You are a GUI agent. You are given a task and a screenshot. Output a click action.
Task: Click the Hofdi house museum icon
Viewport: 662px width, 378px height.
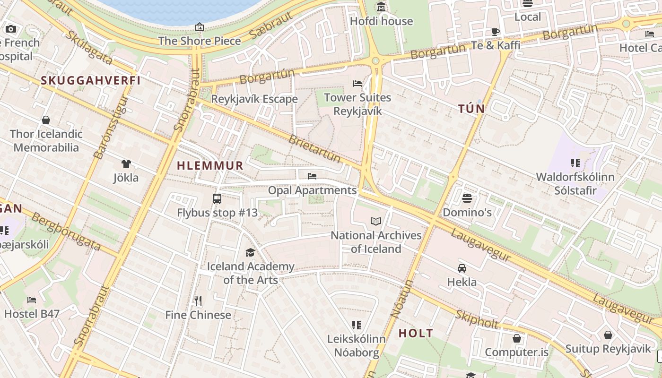381,7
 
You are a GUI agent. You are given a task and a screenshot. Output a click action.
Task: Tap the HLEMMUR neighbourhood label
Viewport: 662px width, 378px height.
210,166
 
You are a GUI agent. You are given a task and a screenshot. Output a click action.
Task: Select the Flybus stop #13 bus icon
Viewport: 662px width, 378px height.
217,199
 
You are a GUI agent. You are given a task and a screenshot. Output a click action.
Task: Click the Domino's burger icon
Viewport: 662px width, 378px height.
467,198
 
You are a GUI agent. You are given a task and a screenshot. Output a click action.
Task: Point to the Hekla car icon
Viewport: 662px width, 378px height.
462,268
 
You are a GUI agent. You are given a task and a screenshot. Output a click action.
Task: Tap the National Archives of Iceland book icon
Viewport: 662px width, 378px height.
376,222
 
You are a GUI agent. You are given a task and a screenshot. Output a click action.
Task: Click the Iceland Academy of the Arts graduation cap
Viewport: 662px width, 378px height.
250,253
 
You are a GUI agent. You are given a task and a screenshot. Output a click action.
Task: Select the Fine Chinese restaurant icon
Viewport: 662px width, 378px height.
198,301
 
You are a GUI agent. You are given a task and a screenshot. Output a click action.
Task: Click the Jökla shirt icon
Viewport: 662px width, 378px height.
126,164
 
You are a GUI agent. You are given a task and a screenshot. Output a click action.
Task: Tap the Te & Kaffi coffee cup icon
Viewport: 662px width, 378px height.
495,32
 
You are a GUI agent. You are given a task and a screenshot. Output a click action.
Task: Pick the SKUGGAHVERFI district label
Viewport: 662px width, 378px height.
91,80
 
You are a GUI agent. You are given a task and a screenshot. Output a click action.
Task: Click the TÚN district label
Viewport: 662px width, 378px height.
471,109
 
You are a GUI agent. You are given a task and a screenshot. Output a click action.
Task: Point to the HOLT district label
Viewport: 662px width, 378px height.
416,333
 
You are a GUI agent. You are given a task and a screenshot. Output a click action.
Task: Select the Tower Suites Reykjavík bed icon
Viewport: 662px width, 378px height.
357,84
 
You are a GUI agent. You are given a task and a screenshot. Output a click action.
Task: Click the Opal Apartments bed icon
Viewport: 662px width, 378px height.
312,176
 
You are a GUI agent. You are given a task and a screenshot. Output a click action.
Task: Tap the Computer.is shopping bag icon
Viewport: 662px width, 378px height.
517,338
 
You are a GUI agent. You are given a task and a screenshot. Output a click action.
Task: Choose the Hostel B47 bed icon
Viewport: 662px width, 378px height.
32,300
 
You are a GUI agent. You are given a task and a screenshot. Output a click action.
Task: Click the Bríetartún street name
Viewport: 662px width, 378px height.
314,148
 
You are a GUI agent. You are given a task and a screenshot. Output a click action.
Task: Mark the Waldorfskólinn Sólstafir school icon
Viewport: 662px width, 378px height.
575,163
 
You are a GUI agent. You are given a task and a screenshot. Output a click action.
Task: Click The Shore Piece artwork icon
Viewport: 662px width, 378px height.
200,27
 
